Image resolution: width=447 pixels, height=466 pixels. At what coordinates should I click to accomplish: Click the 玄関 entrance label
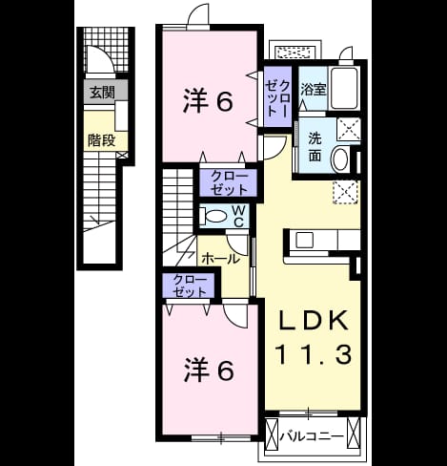102,93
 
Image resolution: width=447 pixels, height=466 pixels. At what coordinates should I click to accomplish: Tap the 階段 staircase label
101,140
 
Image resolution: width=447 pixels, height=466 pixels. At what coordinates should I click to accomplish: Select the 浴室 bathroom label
314,90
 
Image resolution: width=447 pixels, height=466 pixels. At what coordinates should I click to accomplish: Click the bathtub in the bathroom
344,89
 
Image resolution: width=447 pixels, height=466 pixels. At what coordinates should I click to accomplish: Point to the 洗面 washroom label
315,147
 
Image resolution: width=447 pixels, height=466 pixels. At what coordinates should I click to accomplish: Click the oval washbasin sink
339,160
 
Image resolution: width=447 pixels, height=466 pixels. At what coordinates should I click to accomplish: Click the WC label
238,216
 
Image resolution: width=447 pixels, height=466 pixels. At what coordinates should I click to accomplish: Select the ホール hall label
220,259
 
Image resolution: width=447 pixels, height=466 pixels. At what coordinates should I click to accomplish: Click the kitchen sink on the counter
304,241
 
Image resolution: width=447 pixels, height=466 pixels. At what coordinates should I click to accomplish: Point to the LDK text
313,321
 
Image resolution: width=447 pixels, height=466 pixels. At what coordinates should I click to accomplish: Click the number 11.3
313,354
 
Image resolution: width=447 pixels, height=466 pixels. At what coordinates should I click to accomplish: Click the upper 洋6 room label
208,101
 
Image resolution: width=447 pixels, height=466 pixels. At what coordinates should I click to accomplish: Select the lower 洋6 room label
209,371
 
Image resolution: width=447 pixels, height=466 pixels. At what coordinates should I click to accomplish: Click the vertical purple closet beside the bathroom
278,96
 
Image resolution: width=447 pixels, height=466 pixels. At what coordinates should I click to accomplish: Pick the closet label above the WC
229,183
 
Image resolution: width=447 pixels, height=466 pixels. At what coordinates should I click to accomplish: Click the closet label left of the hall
190,286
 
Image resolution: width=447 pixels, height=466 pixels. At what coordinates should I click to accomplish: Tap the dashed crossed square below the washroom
346,192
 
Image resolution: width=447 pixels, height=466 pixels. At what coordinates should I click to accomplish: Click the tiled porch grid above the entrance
108,50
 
